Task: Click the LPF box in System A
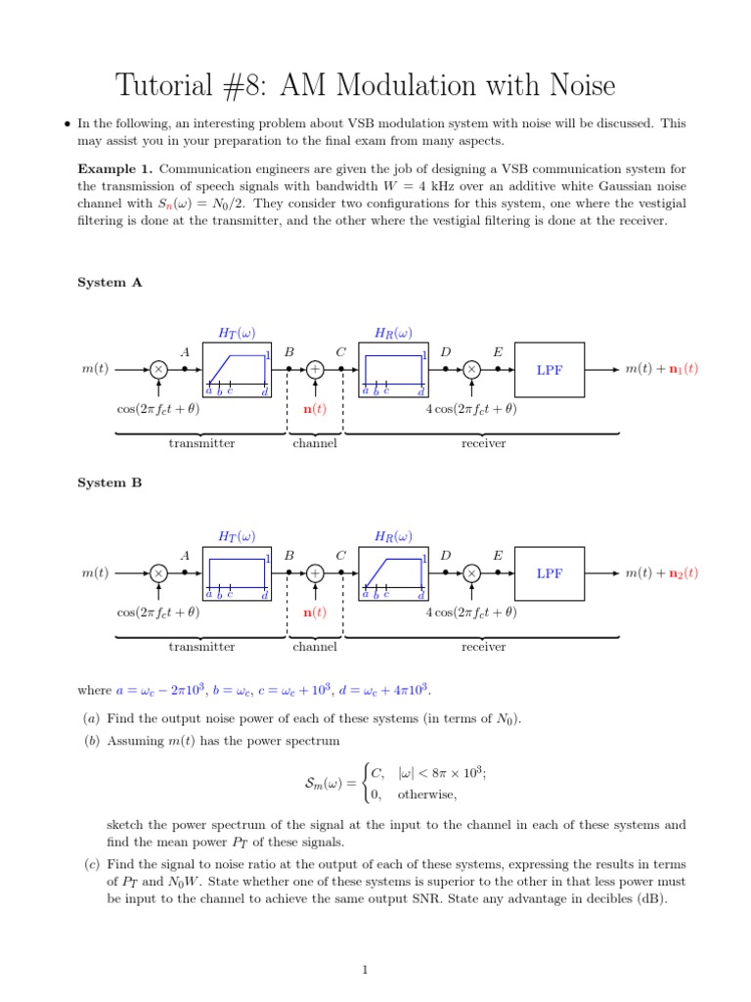coord(550,370)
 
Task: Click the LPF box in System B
coord(550,573)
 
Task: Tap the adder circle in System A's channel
coord(315,370)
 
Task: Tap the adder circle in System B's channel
coord(315,573)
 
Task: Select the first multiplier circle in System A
coord(158,370)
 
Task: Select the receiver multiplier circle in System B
coord(471,573)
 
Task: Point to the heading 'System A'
coord(110,282)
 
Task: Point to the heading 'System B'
coord(110,483)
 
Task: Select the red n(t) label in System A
coord(315,409)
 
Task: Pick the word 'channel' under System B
coord(315,647)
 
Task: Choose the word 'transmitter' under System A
coord(201,443)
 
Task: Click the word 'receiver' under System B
coord(483,647)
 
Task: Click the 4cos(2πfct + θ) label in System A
coord(470,409)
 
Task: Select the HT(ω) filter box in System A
coord(236,370)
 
